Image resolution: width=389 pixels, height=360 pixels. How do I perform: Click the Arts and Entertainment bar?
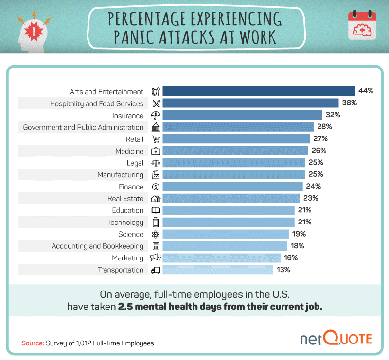(x=258, y=91)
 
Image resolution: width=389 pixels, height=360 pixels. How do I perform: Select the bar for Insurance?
(x=242, y=115)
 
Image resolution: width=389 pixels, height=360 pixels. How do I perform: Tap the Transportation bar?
(x=218, y=270)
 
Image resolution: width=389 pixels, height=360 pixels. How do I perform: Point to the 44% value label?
(x=366, y=91)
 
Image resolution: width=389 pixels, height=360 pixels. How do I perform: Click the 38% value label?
(x=349, y=103)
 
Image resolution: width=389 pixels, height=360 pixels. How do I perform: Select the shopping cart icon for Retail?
(x=156, y=139)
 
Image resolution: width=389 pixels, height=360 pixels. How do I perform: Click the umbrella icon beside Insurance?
(x=156, y=115)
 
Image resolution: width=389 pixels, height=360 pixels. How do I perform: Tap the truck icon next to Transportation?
(x=156, y=270)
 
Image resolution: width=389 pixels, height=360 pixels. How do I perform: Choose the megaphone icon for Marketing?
(x=156, y=258)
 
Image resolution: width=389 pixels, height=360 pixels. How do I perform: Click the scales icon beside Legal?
(x=156, y=163)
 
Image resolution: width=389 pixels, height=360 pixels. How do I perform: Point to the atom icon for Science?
(x=156, y=234)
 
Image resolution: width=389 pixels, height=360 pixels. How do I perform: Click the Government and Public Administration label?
(x=83, y=127)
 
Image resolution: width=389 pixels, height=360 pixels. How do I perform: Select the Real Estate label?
(x=125, y=199)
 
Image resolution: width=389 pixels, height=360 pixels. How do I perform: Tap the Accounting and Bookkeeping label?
(x=97, y=246)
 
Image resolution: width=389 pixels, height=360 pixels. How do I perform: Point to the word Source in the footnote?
(x=32, y=343)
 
